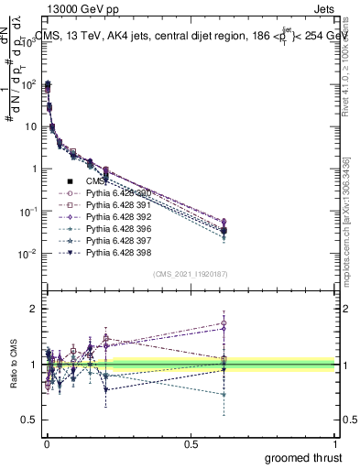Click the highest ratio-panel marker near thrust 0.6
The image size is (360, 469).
[223, 322]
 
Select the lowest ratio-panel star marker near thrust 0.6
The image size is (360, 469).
[223, 394]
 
